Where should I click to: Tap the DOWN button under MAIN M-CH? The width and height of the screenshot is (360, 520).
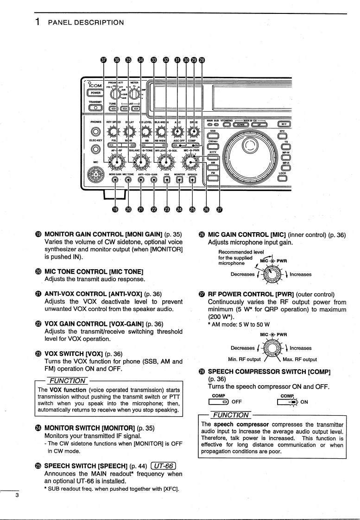tap(240, 124)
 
